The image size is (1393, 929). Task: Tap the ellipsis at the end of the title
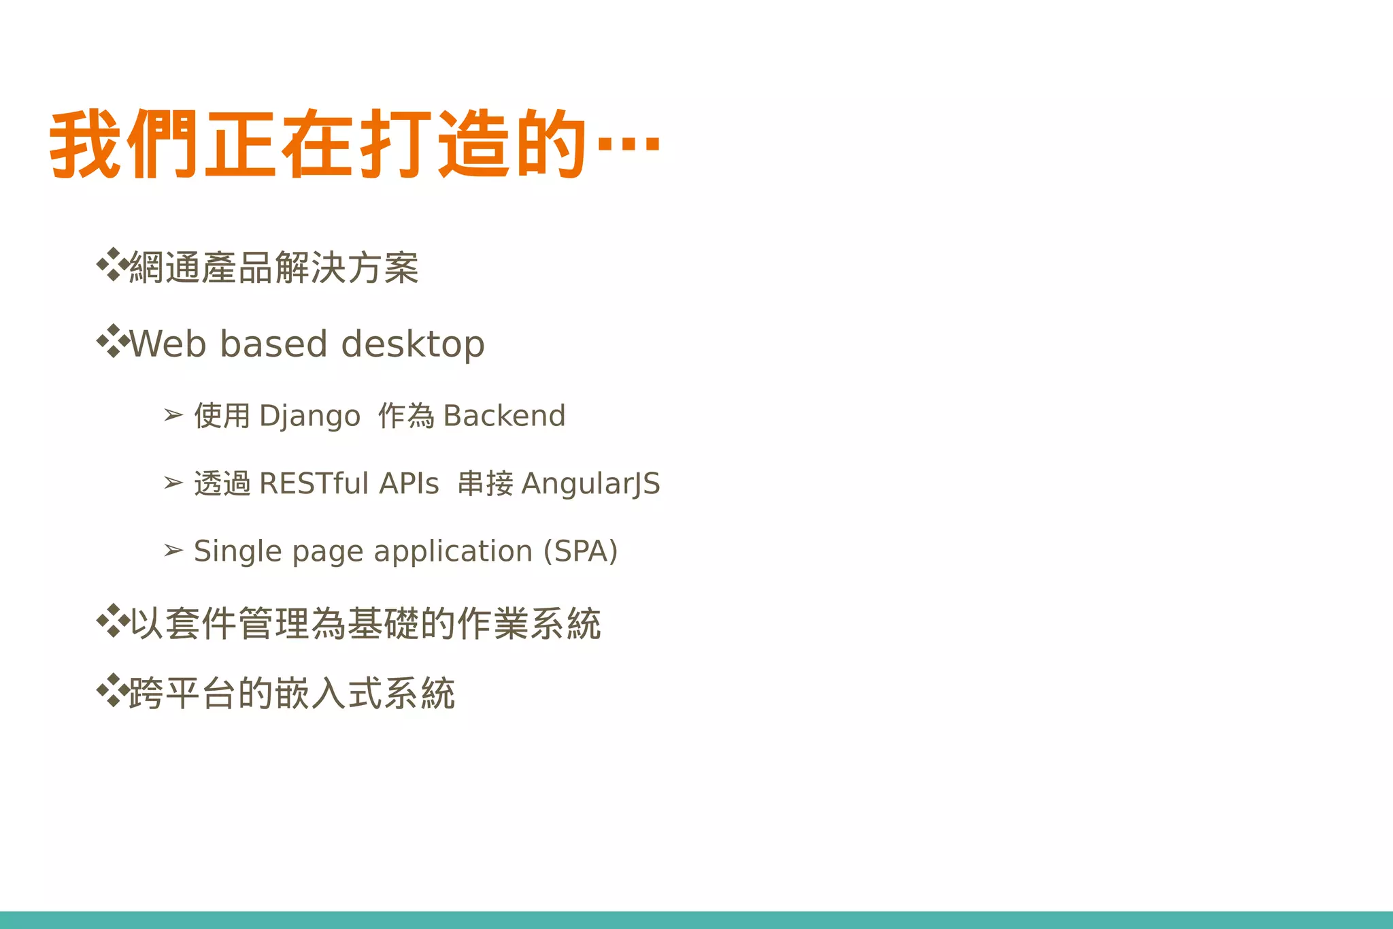click(x=628, y=144)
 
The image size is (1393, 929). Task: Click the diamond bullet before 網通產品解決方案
click(x=112, y=265)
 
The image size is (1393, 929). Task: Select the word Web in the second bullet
click(x=167, y=344)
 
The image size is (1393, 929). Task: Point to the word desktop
click(x=413, y=344)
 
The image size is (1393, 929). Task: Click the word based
click(x=274, y=344)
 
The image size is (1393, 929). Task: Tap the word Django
click(x=309, y=416)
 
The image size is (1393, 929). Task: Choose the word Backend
click(x=504, y=416)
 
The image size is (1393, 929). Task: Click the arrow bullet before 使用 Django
click(x=173, y=414)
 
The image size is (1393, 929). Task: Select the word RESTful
click(x=314, y=483)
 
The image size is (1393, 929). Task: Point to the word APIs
click(x=409, y=483)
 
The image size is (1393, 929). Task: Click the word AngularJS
click(x=590, y=484)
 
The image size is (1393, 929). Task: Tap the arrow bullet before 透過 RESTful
click(x=173, y=483)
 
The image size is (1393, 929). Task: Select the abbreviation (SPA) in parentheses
click(x=580, y=551)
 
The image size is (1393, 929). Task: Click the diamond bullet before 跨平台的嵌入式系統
click(x=112, y=691)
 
